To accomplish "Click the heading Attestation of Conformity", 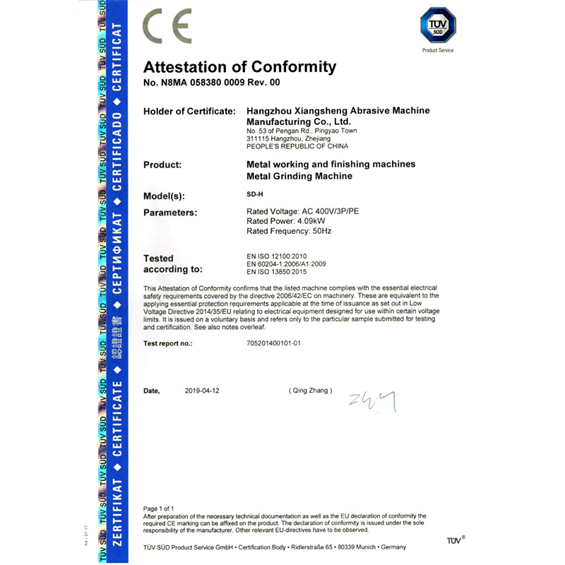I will click(x=239, y=67).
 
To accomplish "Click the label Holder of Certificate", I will click(x=189, y=111).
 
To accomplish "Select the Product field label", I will click(x=162, y=165).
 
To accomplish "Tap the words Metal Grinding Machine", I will click(x=299, y=177).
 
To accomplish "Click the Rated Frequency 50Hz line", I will click(x=289, y=232).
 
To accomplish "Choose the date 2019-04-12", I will click(x=203, y=391).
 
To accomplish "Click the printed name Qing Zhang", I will click(x=309, y=391).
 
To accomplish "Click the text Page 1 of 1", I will click(x=159, y=509).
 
